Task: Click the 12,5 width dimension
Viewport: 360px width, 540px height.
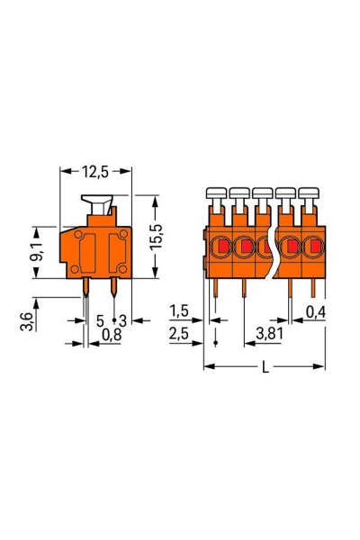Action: click(x=96, y=170)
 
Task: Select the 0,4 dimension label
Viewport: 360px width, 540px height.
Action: click(x=315, y=311)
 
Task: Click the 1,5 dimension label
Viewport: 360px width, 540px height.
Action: click(x=179, y=311)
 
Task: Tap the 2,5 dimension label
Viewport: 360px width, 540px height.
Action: click(x=179, y=334)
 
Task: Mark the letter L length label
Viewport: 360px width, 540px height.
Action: click(x=264, y=367)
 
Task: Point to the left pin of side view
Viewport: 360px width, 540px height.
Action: click(x=86, y=287)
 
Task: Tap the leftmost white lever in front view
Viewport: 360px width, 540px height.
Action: click(x=216, y=194)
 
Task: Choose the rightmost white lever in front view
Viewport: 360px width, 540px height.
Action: click(x=310, y=194)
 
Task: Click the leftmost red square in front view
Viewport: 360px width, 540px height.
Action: click(x=220, y=245)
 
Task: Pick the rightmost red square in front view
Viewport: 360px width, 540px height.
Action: click(x=314, y=245)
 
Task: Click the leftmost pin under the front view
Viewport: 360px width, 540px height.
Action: click(x=217, y=286)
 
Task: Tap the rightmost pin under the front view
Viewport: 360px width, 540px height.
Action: click(x=311, y=286)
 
